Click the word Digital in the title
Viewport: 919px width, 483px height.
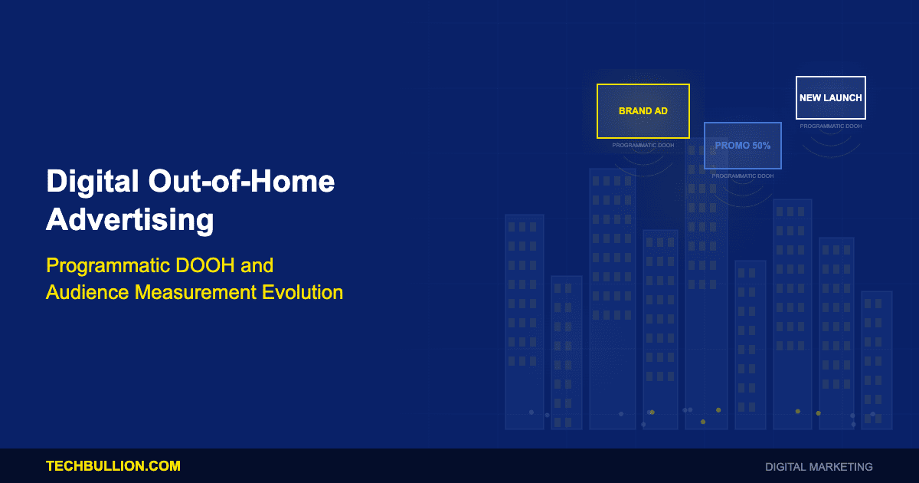(93, 182)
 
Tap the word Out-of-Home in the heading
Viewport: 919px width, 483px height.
(242, 181)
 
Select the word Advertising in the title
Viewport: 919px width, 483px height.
(130, 220)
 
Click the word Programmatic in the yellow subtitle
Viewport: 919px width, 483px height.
(108, 266)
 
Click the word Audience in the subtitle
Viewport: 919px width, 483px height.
(87, 292)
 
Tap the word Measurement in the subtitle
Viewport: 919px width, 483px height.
(195, 292)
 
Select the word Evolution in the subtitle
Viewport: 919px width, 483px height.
(303, 292)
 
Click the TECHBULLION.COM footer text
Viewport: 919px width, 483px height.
(113, 466)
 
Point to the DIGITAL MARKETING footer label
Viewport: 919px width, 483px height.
(819, 467)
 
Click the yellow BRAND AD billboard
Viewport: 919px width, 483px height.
(643, 111)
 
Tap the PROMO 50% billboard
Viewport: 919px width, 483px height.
(743, 146)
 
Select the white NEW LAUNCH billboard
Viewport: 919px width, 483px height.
(831, 98)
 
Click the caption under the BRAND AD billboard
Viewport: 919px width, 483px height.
(643, 146)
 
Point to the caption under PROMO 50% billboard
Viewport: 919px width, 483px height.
(743, 176)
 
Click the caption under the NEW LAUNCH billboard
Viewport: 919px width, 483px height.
(831, 127)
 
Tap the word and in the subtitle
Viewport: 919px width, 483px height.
(257, 265)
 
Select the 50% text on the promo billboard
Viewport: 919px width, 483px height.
(761, 146)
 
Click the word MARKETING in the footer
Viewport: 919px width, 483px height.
(841, 467)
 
